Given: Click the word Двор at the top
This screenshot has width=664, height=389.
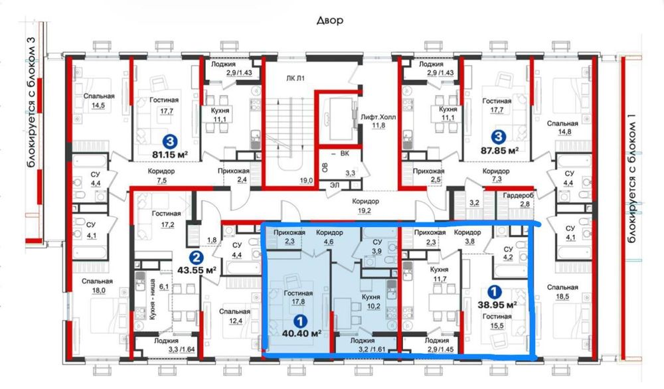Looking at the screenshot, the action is tap(330, 21).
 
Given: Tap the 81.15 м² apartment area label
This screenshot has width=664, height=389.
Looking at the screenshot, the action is tap(170, 155).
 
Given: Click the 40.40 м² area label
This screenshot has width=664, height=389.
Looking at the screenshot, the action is tap(301, 333).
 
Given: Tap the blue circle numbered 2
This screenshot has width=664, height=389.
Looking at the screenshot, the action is tap(195, 256).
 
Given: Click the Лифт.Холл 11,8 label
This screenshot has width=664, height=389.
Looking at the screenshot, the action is tap(378, 121).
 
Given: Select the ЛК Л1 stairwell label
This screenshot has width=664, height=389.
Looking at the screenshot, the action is tap(295, 78).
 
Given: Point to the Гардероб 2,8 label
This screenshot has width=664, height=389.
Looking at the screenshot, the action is tap(519, 199).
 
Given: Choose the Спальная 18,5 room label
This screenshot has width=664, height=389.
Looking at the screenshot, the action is tap(562, 292).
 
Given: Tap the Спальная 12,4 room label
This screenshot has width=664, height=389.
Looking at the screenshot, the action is tap(234, 316).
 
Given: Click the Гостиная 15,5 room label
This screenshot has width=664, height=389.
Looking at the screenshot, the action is tap(497, 321).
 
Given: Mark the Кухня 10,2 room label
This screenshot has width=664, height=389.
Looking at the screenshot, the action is tap(371, 301).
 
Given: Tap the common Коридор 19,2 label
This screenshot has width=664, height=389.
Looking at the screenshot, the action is tap(365, 205).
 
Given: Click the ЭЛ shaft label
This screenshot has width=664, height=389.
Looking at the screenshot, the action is tap(335, 185).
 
